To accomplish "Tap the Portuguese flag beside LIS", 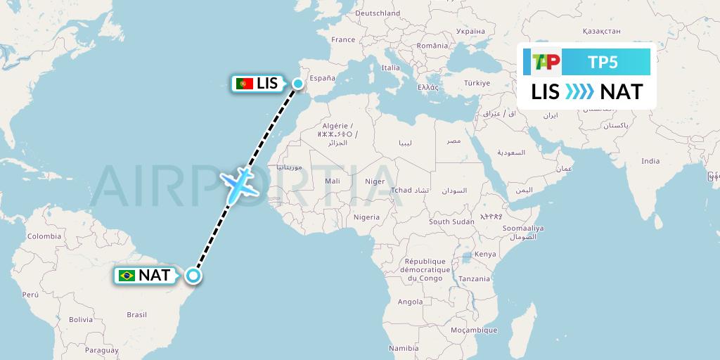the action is tap(245, 84).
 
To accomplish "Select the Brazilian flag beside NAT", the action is tap(127, 276).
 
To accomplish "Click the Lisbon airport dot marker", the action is tap(297, 84).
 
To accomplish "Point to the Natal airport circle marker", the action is tap(193, 276).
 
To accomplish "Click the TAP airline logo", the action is tap(546, 63).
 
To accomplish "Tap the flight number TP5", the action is tap(603, 63).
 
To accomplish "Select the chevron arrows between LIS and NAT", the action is tap(580, 91).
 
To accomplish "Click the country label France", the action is tap(344, 39).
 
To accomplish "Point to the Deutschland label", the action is tap(378, 13).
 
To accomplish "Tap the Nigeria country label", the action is tap(366, 217).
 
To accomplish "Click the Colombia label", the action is tap(44, 236).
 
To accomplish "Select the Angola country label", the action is tap(411, 302).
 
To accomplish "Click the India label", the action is tap(650, 161).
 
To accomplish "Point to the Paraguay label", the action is tap(102, 349).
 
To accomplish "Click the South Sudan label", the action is tap(452, 221).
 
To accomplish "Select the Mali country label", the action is tap(333, 181).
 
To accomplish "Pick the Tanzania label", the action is tap(475, 278).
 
